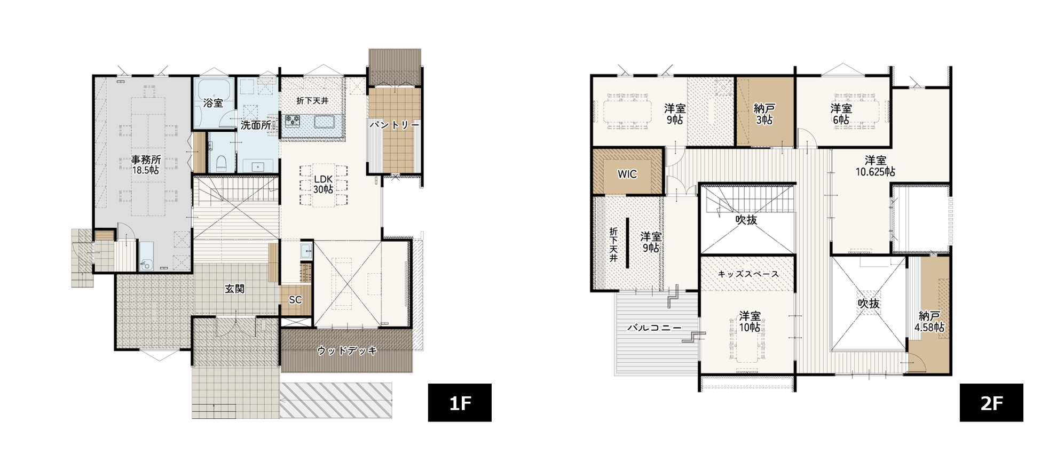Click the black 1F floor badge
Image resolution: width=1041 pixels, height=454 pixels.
pos(460,403)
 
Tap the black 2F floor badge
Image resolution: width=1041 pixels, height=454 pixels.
pos(991,403)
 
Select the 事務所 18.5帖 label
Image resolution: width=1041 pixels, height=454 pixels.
pos(146,165)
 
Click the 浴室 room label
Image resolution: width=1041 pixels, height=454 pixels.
pos(214,103)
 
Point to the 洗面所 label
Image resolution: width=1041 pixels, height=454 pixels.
pos(256,125)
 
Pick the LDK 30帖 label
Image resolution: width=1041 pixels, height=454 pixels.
pos(323,184)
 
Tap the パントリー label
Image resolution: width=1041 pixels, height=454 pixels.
pos(395,125)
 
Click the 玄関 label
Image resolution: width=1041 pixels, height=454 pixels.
pos(234,289)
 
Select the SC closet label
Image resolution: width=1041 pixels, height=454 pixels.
pos(295,300)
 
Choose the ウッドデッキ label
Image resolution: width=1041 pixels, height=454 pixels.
pos(347,351)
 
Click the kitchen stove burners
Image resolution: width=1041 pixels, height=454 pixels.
pos(291,121)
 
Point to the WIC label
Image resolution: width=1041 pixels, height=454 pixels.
pos(627,174)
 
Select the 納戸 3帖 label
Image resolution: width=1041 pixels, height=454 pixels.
pos(764,114)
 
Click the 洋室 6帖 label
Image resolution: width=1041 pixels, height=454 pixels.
pos(841,114)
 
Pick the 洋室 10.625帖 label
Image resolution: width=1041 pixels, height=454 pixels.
pos(876,166)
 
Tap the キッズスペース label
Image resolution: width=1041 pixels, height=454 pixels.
pos(748,274)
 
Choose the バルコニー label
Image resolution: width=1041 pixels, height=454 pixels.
pos(654,328)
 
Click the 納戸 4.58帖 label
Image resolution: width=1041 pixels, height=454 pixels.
pos(929,322)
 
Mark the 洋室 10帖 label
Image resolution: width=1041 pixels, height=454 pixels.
pos(750,322)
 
